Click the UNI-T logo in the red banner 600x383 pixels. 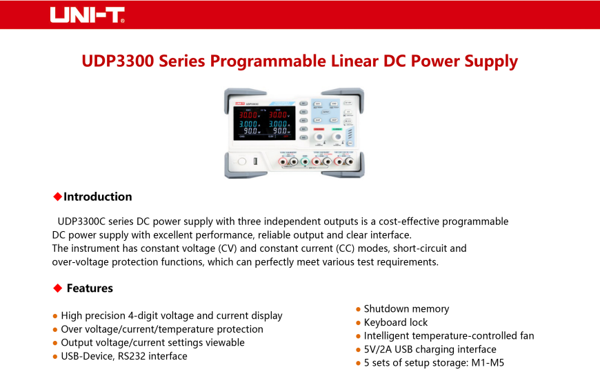87,15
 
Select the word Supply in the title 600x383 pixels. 490,61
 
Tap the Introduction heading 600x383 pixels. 97,197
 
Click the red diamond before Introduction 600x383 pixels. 57,197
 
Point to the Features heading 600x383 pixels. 90,288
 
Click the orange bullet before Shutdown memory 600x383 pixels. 358,309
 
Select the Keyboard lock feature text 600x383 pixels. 395,322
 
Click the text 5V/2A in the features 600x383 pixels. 378,349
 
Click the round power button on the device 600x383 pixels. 241,161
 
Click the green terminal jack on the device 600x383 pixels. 304,161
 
